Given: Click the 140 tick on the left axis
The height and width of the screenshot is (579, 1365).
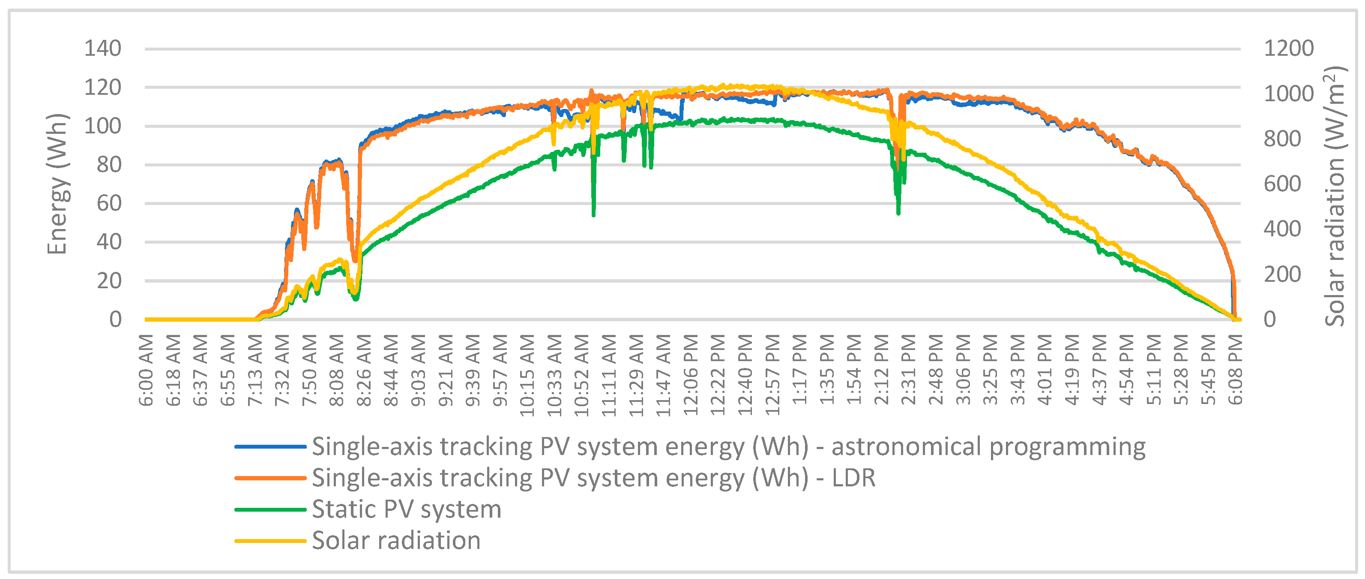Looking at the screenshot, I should (x=103, y=49).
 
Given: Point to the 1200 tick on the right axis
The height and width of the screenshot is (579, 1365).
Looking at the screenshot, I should (x=1288, y=49).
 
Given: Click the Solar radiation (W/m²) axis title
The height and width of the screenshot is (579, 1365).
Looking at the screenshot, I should (x=1334, y=196).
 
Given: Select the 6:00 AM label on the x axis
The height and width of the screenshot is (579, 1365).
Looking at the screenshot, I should (x=146, y=370).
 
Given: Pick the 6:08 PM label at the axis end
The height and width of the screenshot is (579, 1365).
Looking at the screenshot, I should (x=1235, y=370).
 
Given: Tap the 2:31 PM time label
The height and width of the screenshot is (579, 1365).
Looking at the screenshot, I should (x=908, y=370).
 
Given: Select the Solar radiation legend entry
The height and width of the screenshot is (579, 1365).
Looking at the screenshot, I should (x=396, y=541).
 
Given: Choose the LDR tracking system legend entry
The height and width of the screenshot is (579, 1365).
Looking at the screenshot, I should (x=593, y=478).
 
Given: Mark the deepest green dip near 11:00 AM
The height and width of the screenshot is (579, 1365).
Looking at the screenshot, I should (x=593, y=214).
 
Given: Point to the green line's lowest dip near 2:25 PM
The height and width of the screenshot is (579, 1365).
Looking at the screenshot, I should (x=898, y=212).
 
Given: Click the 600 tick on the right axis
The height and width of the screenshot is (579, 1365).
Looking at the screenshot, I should (x=1282, y=184).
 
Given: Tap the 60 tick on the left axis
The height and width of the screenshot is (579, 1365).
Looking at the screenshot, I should (x=109, y=203).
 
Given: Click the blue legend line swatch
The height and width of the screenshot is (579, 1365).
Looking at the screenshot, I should (x=270, y=447).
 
